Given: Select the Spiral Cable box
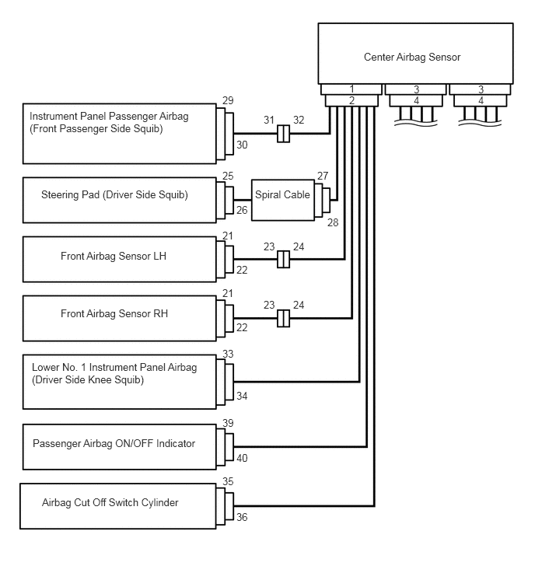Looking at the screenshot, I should point(282,196).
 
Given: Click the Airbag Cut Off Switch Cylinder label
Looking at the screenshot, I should point(110,502).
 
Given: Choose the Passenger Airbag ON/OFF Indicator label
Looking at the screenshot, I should point(114,443).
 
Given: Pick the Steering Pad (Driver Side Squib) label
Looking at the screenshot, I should point(114,194).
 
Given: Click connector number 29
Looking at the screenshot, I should point(228,102).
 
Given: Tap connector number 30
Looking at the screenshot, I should point(242,145).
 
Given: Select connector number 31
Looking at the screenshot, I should point(269,120).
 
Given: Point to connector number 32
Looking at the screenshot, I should point(299,120).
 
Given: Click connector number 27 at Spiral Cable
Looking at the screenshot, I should point(323,176).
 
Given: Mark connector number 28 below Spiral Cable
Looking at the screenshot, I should point(334,223).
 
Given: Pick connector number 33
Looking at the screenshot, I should point(228,354).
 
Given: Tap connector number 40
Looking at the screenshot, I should point(242,458).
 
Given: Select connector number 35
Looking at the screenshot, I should point(228,481).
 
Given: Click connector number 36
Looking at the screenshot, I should point(242,517).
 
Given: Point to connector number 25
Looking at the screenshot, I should point(228,176).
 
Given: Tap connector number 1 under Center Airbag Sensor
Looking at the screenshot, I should point(351,89).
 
